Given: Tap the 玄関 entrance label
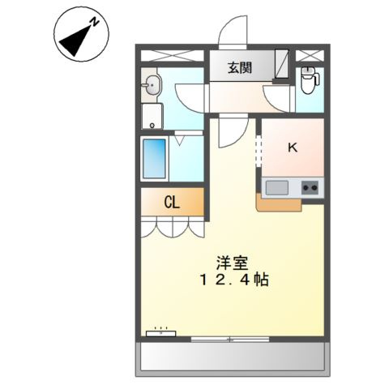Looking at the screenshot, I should tap(238, 68).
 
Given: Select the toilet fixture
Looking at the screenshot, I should tap(309, 81).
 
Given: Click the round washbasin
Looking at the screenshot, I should tap(152, 83).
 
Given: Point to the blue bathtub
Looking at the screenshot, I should tap(154, 160).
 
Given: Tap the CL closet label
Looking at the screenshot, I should tap(172, 203).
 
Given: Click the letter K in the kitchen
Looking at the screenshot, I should tap(292, 147).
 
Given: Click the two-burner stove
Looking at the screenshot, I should tap(310, 188).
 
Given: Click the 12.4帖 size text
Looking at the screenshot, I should tap(233, 280).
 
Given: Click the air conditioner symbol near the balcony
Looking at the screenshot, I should tap(160, 332).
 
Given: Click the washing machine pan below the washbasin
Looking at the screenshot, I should tap(152, 116).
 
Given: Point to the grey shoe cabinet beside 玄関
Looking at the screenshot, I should tap(280, 64).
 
